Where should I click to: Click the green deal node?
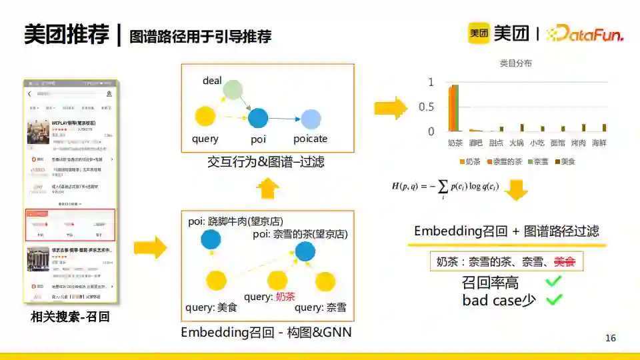(x=231, y=90)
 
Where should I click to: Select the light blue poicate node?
(x=311, y=119)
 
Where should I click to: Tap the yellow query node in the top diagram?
(x=205, y=117)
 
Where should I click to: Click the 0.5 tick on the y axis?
(x=426, y=107)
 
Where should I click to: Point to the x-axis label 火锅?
(x=517, y=143)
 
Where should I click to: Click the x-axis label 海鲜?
(x=599, y=143)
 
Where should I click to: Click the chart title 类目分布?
(x=516, y=63)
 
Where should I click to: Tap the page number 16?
(x=611, y=338)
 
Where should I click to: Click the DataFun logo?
(x=585, y=33)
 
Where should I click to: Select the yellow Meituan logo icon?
(x=479, y=33)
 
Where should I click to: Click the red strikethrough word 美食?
(x=567, y=262)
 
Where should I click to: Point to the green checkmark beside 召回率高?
(x=553, y=282)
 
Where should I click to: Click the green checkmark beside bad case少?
(x=553, y=300)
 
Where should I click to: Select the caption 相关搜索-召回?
(x=70, y=317)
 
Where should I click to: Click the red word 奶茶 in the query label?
(x=285, y=297)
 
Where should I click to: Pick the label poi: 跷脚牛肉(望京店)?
(x=236, y=221)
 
